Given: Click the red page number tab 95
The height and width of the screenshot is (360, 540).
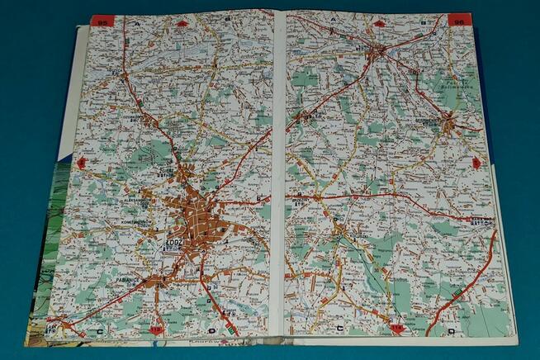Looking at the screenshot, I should tap(102, 21).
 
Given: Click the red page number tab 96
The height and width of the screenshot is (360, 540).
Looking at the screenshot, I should tap(459, 20).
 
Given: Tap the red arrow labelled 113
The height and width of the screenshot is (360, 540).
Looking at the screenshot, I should tap(157, 330).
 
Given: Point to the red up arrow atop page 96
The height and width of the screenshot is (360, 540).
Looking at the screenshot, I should tap(378, 23).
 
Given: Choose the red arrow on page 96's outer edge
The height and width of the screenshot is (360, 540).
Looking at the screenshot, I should tap(476, 163).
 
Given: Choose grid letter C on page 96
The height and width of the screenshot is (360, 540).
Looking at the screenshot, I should tap(340, 329).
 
